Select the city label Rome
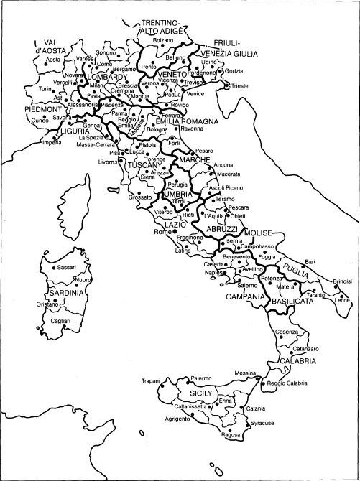(x=163, y=233)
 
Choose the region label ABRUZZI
(x=223, y=228)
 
